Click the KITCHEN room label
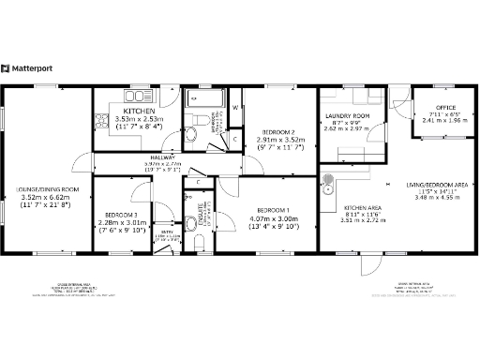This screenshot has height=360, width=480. pyautogui.click(x=139, y=110)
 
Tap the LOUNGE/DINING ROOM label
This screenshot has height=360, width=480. pyautogui.click(x=48, y=190)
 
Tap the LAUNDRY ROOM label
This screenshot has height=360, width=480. pyautogui.click(x=343, y=117)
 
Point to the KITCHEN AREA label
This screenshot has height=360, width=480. pyautogui.click(x=361, y=208)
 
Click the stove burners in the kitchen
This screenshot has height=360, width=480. pyautogui.click(x=100, y=119)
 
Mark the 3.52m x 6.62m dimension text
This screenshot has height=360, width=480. pyautogui.click(x=46, y=198)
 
